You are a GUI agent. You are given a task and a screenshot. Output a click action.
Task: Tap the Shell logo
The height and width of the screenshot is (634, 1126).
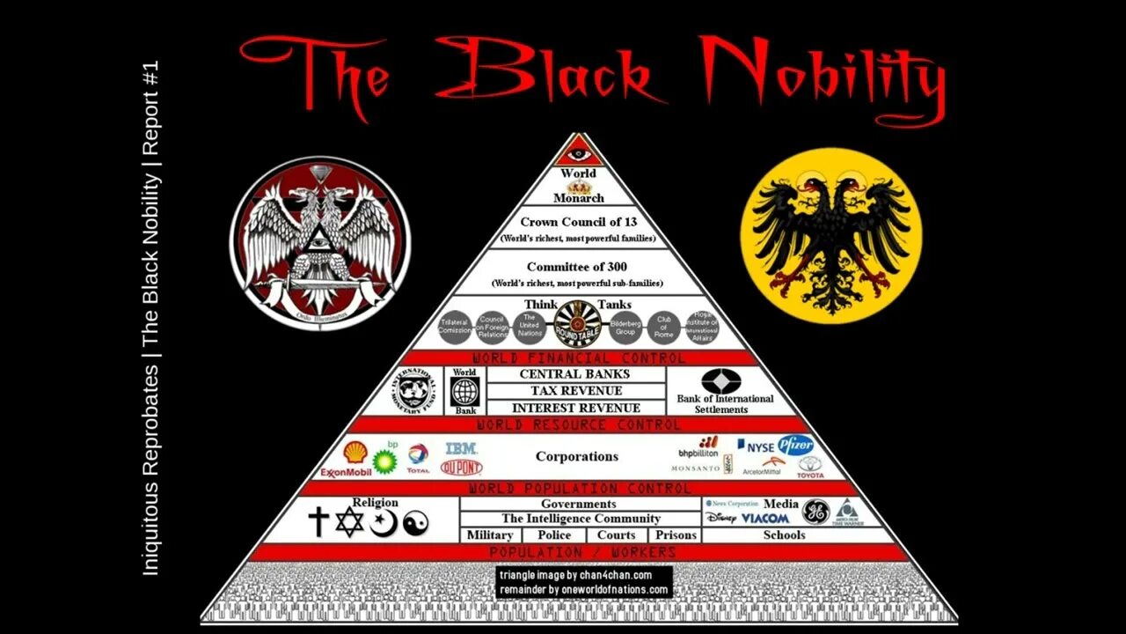point(355,453)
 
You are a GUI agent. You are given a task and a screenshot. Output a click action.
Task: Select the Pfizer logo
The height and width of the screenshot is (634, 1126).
point(795,445)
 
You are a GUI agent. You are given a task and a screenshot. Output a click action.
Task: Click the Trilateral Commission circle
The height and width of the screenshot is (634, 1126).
point(456,329)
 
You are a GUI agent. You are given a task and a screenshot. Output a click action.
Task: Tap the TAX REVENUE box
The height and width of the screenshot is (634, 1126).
point(575,391)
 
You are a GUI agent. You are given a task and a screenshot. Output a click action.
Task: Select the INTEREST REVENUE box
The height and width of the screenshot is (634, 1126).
point(575,408)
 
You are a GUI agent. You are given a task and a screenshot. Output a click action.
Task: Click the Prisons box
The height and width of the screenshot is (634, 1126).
point(675,534)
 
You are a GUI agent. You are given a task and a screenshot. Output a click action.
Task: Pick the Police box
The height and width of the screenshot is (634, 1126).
point(554,534)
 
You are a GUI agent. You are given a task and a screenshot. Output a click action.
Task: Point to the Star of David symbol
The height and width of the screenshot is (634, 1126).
point(349,523)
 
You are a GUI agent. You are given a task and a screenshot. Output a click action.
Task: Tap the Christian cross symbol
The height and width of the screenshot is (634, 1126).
point(318,522)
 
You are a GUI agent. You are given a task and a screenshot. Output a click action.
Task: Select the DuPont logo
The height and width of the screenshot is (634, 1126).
point(461,468)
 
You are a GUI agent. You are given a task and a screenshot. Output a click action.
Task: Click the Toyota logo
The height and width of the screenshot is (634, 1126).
point(810,468)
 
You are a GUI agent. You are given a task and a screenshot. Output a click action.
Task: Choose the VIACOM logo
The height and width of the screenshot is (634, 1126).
point(764,519)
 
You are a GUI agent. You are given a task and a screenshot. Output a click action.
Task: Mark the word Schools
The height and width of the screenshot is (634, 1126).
point(784,534)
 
